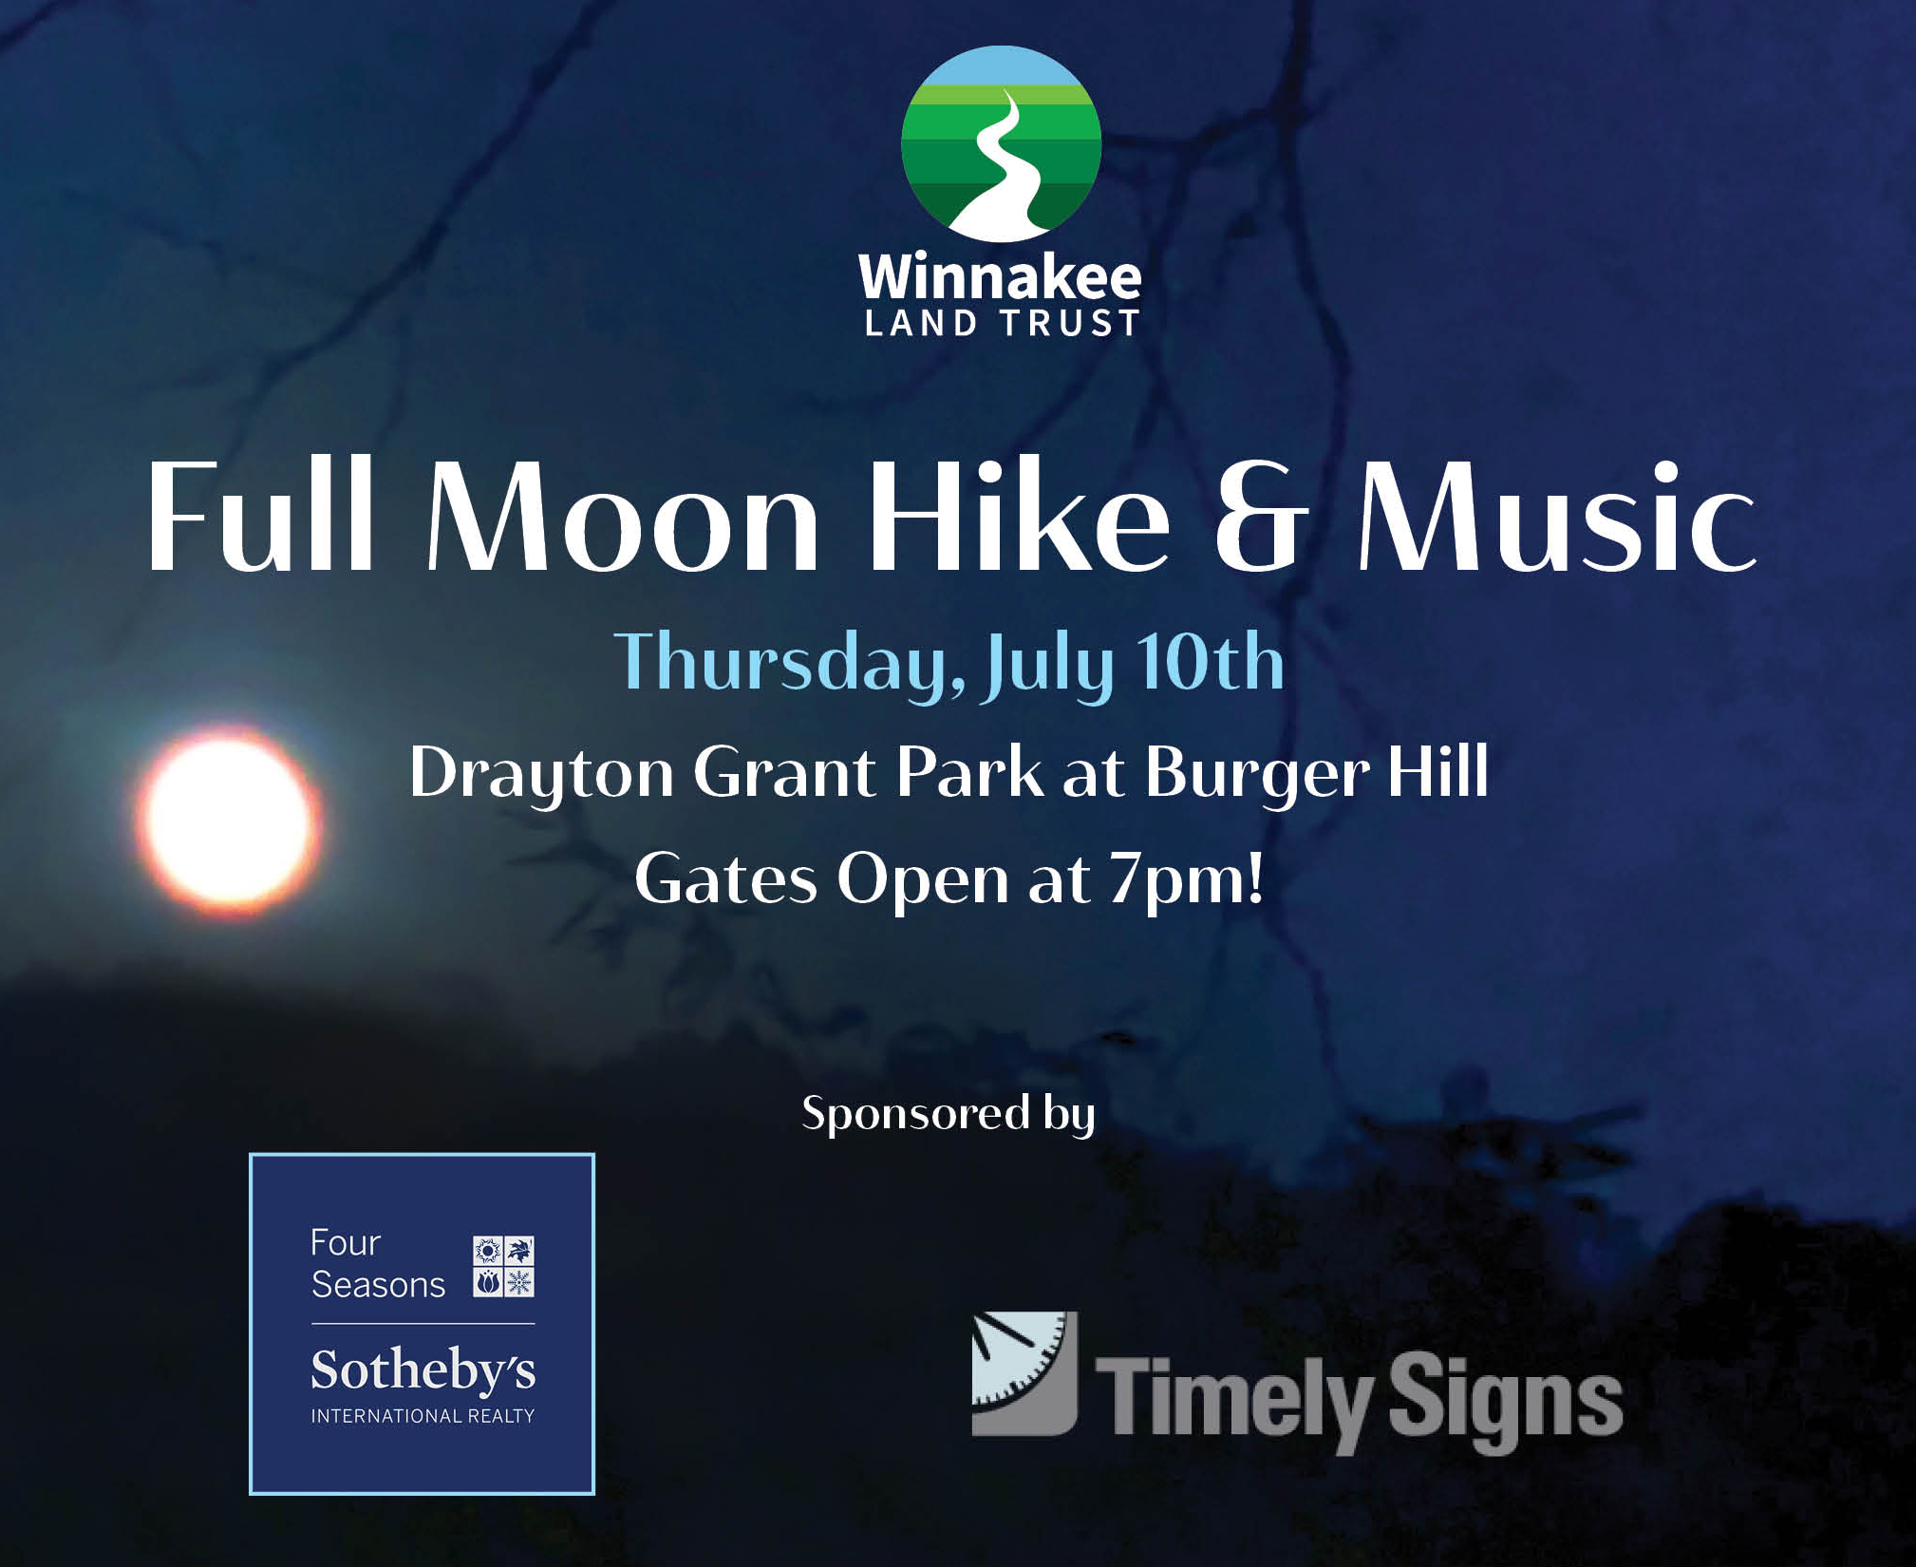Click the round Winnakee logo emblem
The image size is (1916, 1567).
[x=1002, y=143]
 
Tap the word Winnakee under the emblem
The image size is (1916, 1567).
[x=1000, y=276]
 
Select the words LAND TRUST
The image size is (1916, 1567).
[x=1002, y=324]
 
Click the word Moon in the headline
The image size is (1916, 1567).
[x=622, y=518]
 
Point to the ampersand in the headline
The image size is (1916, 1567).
[x=1262, y=518]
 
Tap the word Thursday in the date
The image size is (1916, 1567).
[x=790, y=664]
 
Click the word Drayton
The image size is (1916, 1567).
[x=542, y=773]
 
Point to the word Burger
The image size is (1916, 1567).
[x=1257, y=773]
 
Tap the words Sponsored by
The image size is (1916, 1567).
[x=949, y=1114]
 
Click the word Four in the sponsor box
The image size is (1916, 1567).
[x=346, y=1242]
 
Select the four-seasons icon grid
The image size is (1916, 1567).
[x=503, y=1266]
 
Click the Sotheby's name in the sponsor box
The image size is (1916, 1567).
[x=423, y=1370]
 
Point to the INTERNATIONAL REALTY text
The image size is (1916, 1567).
[x=423, y=1416]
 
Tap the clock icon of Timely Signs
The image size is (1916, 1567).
[x=1024, y=1373]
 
